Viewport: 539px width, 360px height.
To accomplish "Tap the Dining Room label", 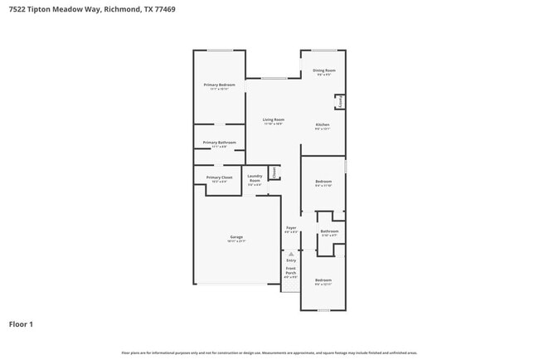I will [x=324, y=71].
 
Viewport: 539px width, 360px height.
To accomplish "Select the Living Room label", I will [x=274, y=121].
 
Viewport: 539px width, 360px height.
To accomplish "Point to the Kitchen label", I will [x=323, y=126].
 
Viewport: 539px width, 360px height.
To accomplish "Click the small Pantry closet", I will [x=340, y=101].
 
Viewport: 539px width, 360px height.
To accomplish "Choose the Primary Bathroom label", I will [x=220, y=144].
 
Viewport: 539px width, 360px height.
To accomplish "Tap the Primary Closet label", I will [x=220, y=178].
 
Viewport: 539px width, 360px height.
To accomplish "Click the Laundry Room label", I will [x=255, y=178].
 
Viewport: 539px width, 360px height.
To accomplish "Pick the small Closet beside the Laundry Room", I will [x=274, y=173].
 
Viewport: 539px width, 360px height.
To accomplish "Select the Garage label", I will [x=236, y=238].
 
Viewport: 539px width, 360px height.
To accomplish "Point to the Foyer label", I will [x=291, y=228].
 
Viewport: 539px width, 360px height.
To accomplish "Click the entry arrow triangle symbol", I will [x=290, y=253].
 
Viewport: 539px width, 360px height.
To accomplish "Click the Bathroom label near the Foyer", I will [x=329, y=232].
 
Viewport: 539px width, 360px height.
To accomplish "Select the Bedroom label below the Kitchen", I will [x=323, y=182].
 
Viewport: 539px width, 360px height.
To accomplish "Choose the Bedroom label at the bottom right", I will [x=323, y=281].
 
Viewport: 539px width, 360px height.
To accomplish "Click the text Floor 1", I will [x=21, y=324].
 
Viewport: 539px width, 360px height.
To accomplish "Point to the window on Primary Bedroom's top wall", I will [x=220, y=51].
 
